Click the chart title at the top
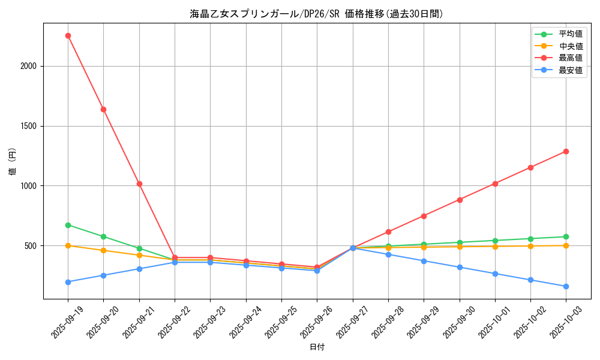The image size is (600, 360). coord(316,14)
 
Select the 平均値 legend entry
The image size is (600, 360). coord(570,34)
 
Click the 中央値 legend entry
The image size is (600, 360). coord(570,46)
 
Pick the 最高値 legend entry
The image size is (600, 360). coord(570,58)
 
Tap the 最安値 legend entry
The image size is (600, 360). coord(570,70)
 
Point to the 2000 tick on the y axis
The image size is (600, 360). coord(29,67)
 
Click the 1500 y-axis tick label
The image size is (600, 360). coord(29,127)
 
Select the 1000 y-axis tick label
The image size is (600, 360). coord(29,186)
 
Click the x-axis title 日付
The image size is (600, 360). coord(317,347)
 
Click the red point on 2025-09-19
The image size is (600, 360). coord(68,35)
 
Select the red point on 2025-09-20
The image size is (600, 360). coord(103,109)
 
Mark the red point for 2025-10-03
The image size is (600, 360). coord(566,151)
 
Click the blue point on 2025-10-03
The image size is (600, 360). coord(566,286)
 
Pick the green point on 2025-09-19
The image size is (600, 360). coord(68,225)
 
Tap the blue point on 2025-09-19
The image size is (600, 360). coord(68,282)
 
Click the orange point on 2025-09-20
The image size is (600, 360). coord(103,250)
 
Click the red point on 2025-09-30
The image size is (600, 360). coord(460,200)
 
